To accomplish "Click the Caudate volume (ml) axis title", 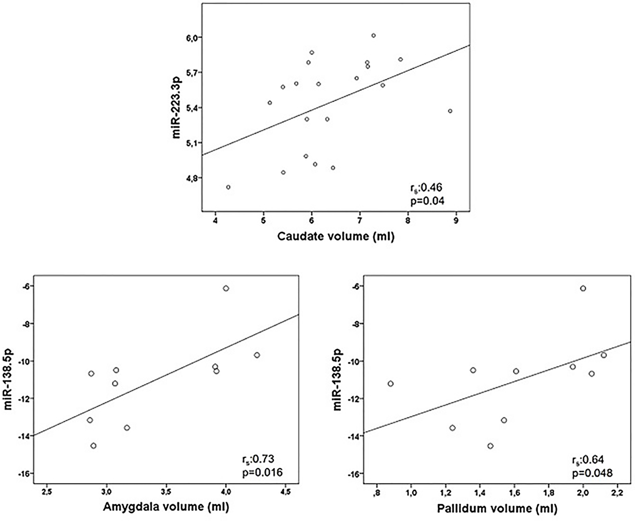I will (x=336, y=236).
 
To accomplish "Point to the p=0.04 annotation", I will (x=427, y=201).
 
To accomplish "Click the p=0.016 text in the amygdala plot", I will (x=262, y=473).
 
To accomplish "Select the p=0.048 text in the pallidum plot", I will (x=592, y=473).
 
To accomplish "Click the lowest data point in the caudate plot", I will (x=228, y=187).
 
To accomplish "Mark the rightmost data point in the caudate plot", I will (x=450, y=111).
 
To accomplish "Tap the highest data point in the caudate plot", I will (x=373, y=35).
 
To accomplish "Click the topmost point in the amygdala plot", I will (x=226, y=288).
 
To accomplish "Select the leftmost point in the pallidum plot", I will (x=390, y=384).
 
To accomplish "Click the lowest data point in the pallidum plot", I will (x=490, y=446).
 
